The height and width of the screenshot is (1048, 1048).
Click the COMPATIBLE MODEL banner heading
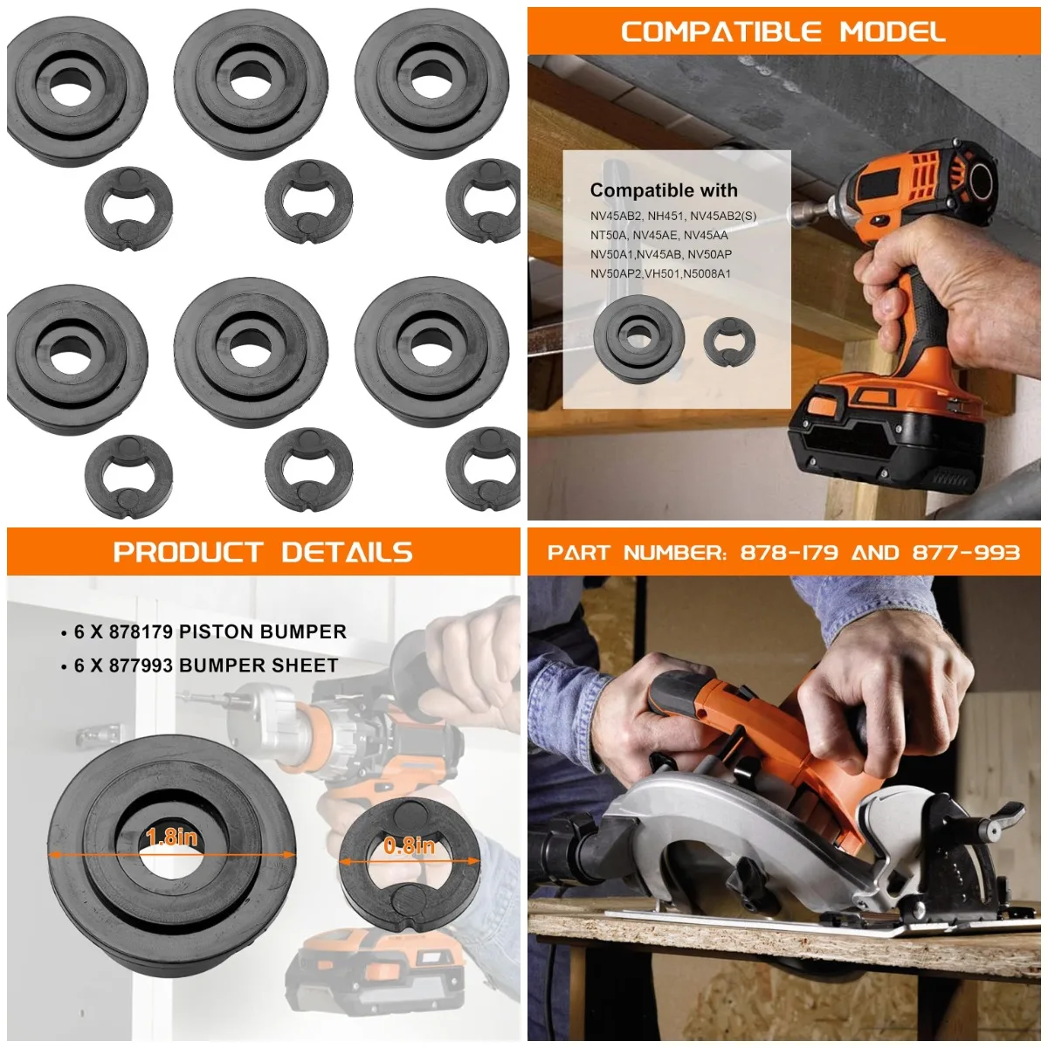[x=783, y=32]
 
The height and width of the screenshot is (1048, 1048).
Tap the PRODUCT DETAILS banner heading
[x=263, y=552]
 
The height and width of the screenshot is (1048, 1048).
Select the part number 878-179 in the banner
[x=789, y=552]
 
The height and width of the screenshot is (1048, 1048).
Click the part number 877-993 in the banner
[x=966, y=552]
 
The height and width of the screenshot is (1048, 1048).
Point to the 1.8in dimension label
[x=171, y=837]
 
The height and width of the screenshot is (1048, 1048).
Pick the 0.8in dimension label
[x=409, y=845]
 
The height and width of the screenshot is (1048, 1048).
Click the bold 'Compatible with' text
[x=664, y=190]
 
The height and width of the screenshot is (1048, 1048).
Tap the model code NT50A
[x=609, y=235]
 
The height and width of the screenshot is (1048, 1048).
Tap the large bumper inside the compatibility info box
[x=638, y=337]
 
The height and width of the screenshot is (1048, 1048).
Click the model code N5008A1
[x=707, y=273]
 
